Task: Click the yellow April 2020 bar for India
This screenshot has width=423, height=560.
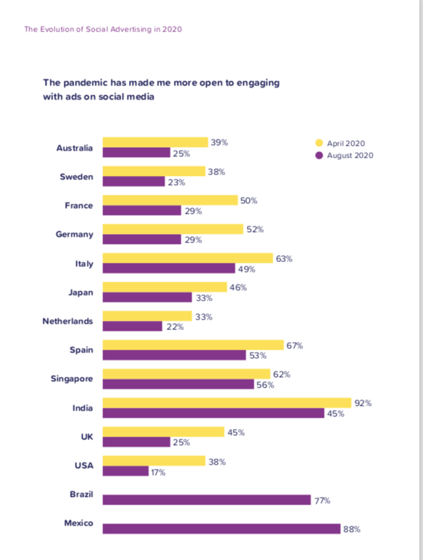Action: tap(227, 402)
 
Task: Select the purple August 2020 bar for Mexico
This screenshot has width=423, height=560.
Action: tap(222, 528)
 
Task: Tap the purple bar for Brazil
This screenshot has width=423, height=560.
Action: tap(207, 500)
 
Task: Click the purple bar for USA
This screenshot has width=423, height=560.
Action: tap(126, 471)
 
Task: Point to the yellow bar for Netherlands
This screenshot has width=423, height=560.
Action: tap(147, 315)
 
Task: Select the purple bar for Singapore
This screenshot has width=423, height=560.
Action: tap(178, 384)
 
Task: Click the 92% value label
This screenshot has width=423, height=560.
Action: tap(363, 403)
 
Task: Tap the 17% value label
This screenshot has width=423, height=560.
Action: tap(157, 472)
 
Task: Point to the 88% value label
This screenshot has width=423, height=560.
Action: tap(351, 529)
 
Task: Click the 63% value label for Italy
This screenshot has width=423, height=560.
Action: tap(283, 259)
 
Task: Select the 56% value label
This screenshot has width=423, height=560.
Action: tap(264, 385)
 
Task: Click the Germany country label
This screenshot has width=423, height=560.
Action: tap(74, 235)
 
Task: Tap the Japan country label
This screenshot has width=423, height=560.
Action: tap(81, 292)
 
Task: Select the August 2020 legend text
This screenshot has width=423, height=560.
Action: tap(350, 155)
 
